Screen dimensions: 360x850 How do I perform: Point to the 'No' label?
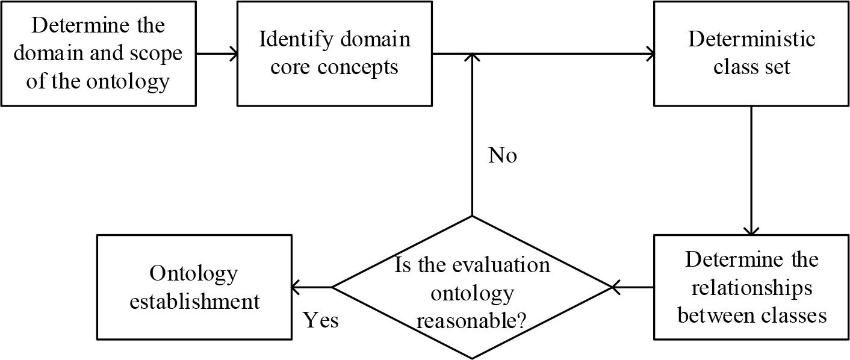[502, 156]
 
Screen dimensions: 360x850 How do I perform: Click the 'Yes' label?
[320, 320]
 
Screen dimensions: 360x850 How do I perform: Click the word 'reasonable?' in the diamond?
[472, 320]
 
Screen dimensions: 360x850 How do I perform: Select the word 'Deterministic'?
[751, 40]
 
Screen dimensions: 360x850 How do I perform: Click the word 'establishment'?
[194, 300]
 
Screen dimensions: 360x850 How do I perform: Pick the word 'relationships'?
[751, 288]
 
